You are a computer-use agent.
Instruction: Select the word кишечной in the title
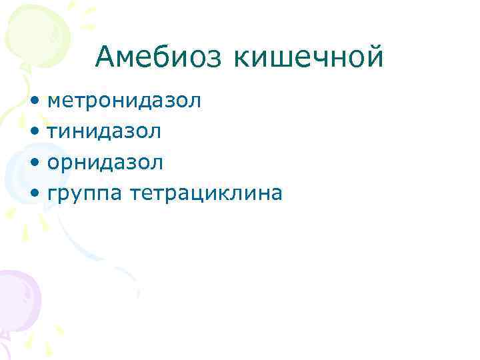(308, 57)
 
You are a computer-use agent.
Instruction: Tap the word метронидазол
(124, 101)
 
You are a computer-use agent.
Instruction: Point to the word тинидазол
(104, 131)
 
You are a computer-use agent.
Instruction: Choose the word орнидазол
(105, 162)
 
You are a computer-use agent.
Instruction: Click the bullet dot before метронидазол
(34, 101)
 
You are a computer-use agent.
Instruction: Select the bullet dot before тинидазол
(34, 132)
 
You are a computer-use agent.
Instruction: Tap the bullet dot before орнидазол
(34, 163)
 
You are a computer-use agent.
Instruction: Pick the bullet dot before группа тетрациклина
(34, 193)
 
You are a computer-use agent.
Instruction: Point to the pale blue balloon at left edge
(13, 173)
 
